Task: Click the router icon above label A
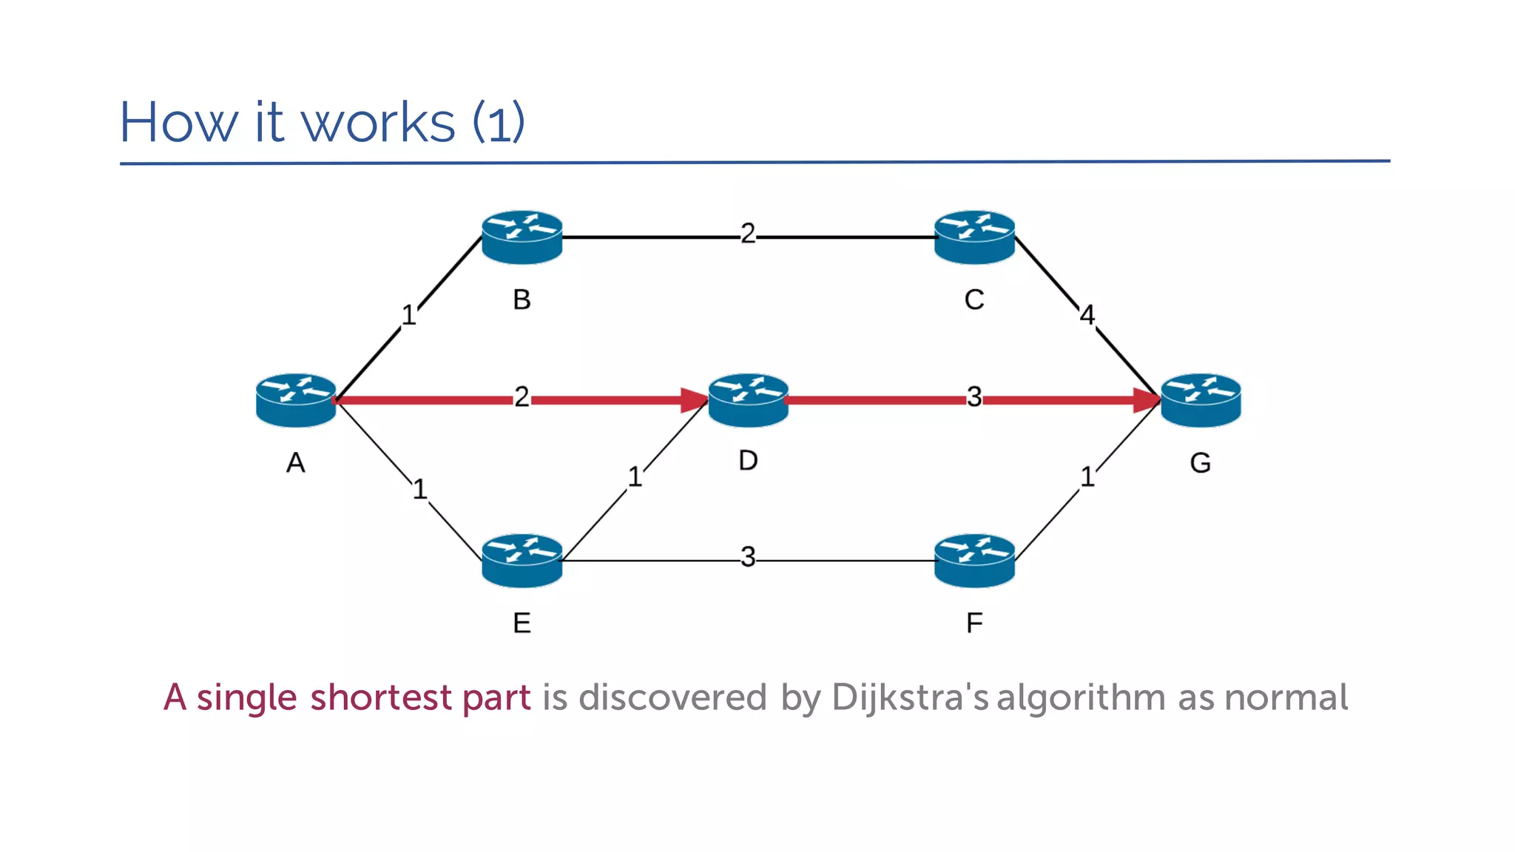pyautogui.click(x=296, y=400)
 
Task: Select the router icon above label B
pyautogui.click(x=522, y=237)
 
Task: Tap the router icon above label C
pyautogui.click(x=974, y=237)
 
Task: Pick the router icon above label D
pyautogui.click(x=748, y=400)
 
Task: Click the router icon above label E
pyautogui.click(x=522, y=561)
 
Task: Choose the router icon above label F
pyautogui.click(x=974, y=561)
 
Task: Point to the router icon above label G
pyautogui.click(x=1201, y=400)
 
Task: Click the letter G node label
pyautogui.click(x=1200, y=463)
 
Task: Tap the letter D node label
pyautogui.click(x=748, y=461)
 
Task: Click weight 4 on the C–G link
pyautogui.click(x=1087, y=315)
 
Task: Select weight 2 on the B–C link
pyautogui.click(x=748, y=234)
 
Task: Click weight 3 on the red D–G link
pyautogui.click(x=974, y=397)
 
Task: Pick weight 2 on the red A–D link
pyautogui.click(x=522, y=397)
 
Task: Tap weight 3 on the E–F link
pyautogui.click(x=748, y=557)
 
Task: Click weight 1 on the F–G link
pyautogui.click(x=1087, y=477)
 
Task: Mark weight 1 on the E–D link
pyautogui.click(x=635, y=477)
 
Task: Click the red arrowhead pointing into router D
pyautogui.click(x=695, y=400)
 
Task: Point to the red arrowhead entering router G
pyautogui.click(x=1147, y=400)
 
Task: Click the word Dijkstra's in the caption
pyautogui.click(x=910, y=698)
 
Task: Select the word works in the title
pyautogui.click(x=378, y=123)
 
